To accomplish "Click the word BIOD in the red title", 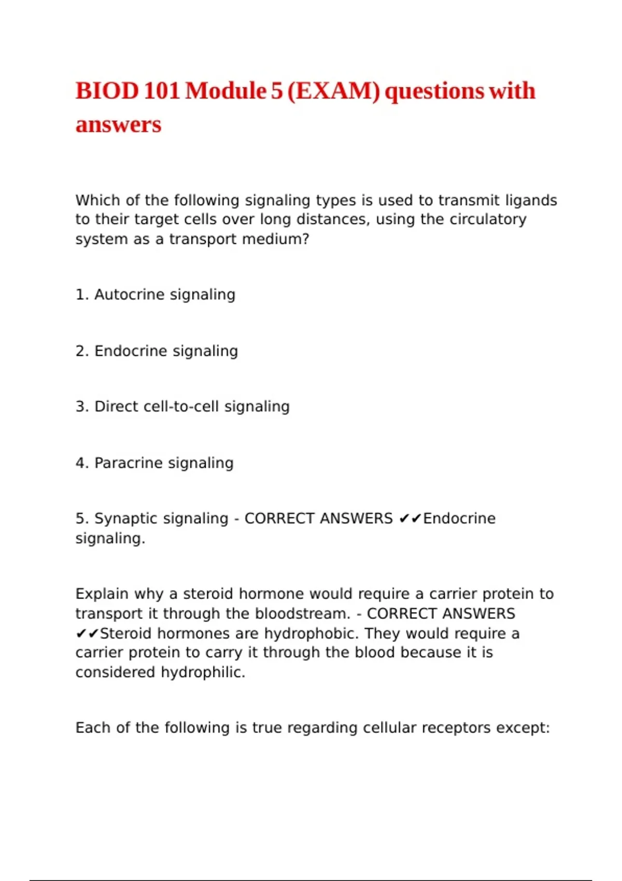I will point(107,91).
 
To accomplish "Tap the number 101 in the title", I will point(161,91).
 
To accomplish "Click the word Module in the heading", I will point(225,91).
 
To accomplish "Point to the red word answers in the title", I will point(118,125).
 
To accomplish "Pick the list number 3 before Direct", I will point(80,407).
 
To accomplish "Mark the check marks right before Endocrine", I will point(411,519).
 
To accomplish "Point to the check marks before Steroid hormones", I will point(87,634).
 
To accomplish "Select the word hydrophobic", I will point(312,634).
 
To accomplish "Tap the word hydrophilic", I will point(203,673).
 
